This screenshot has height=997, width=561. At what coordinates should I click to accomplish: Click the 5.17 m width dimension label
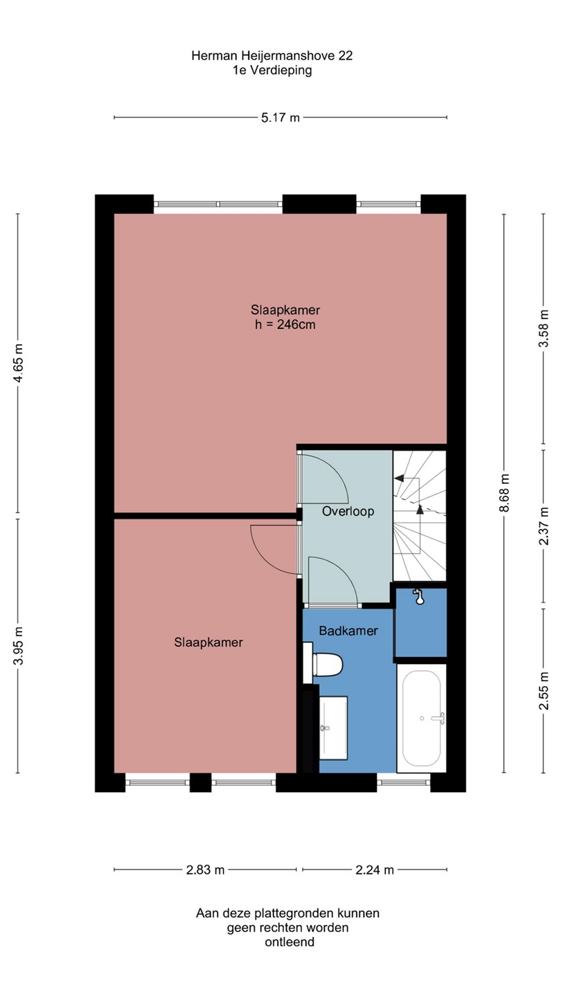(280, 118)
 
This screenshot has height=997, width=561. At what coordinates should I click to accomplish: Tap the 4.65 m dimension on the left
(18, 363)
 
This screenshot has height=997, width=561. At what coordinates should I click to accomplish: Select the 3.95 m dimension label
(18, 645)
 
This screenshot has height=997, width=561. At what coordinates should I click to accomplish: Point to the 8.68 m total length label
(504, 493)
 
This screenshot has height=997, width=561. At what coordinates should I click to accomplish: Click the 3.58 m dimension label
(544, 328)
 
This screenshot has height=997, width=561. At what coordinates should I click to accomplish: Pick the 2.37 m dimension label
(544, 526)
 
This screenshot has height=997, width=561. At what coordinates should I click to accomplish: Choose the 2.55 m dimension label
(544, 690)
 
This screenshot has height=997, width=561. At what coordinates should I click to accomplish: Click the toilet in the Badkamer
(323, 665)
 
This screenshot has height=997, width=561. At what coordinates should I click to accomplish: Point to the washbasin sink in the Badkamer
(333, 728)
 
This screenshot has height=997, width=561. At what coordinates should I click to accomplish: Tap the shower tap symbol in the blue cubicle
(418, 596)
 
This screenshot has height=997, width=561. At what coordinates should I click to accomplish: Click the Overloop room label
(348, 512)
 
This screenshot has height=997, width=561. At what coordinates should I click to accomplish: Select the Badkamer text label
(348, 631)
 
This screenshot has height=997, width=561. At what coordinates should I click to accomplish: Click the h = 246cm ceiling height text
(285, 325)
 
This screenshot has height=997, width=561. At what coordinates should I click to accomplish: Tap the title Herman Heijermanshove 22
(272, 55)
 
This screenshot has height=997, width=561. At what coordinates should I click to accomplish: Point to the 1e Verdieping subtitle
(272, 71)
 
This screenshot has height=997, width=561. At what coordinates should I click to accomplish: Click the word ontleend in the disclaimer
(290, 942)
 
